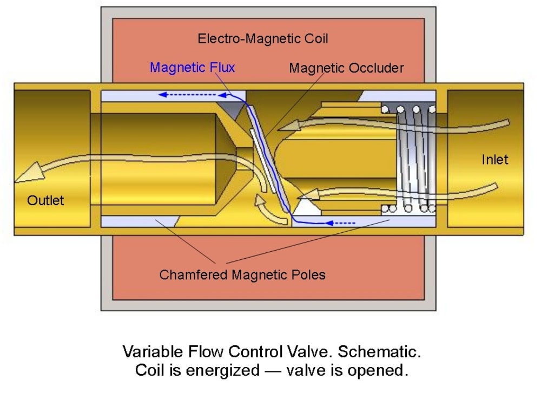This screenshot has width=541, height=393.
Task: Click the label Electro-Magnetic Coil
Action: click(263, 39)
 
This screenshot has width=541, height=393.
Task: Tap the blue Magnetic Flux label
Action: click(192, 68)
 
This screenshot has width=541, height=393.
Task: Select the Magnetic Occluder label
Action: click(346, 68)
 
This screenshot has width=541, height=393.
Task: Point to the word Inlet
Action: click(495, 160)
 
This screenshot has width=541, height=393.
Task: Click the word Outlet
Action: click(45, 200)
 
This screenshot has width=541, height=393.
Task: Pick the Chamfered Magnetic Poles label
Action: click(242, 274)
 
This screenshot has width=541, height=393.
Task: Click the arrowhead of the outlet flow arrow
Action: click(24, 173)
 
